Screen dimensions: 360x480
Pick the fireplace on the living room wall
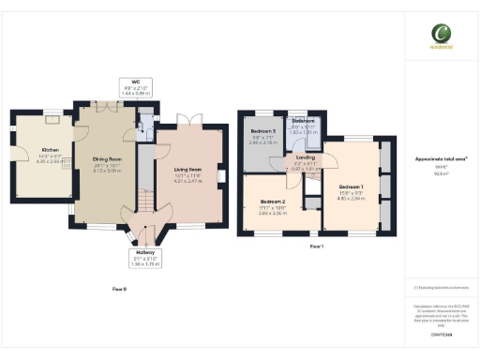(x=221, y=175)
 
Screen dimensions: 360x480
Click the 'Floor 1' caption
(x=316, y=247)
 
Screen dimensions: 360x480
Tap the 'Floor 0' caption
(x=118, y=290)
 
